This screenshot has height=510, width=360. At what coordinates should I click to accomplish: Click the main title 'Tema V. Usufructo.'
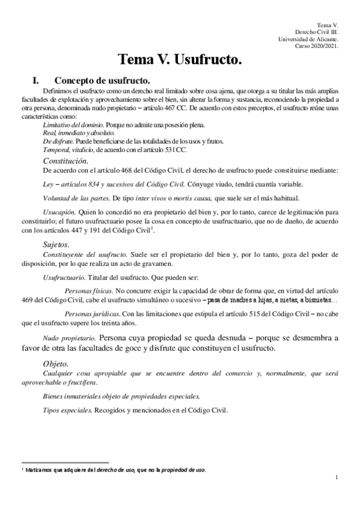(x=180, y=60)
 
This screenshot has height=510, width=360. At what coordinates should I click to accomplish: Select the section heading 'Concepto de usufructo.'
(x=102, y=80)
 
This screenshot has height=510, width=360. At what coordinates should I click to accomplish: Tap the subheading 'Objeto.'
(x=59, y=364)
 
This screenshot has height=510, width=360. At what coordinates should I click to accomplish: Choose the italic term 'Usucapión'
(x=59, y=213)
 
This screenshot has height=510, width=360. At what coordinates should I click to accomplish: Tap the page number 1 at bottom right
(x=338, y=478)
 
